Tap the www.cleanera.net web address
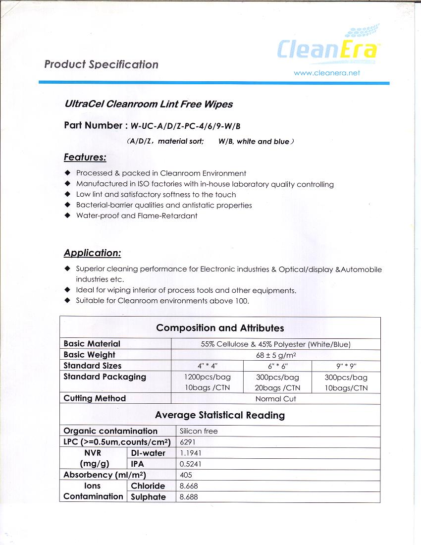click(327, 73)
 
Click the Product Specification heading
click(101, 64)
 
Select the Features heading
click(85, 158)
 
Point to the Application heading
click(92, 253)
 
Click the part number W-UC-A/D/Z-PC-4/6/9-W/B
click(187, 125)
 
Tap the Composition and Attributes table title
click(220, 328)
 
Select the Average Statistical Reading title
click(220, 415)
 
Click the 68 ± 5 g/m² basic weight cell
click(275, 355)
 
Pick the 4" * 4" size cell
click(207, 366)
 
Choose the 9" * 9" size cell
click(346, 366)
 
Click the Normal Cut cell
click(275, 399)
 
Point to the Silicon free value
click(199, 431)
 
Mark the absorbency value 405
click(186, 475)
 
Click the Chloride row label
click(148, 486)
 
